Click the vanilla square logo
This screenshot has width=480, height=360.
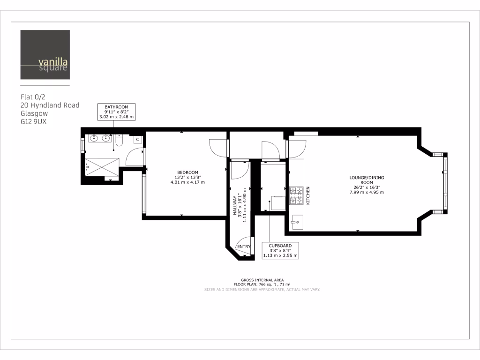45,54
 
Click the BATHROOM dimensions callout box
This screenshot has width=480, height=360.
116,112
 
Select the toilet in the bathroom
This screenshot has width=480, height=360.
119,140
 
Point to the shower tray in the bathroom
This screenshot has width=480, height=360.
102,166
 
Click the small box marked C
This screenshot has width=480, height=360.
138,139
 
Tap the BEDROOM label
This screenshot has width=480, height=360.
187,172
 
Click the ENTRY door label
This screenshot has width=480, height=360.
244,247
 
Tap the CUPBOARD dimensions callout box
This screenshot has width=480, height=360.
280,251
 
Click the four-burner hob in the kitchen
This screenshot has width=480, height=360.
296,195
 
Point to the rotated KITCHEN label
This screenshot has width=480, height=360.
308,195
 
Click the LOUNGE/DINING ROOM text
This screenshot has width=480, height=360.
367,180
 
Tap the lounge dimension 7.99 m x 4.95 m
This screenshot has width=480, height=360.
367,192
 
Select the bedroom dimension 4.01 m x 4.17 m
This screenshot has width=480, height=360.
187,182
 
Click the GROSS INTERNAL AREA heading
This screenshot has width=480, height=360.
262,280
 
